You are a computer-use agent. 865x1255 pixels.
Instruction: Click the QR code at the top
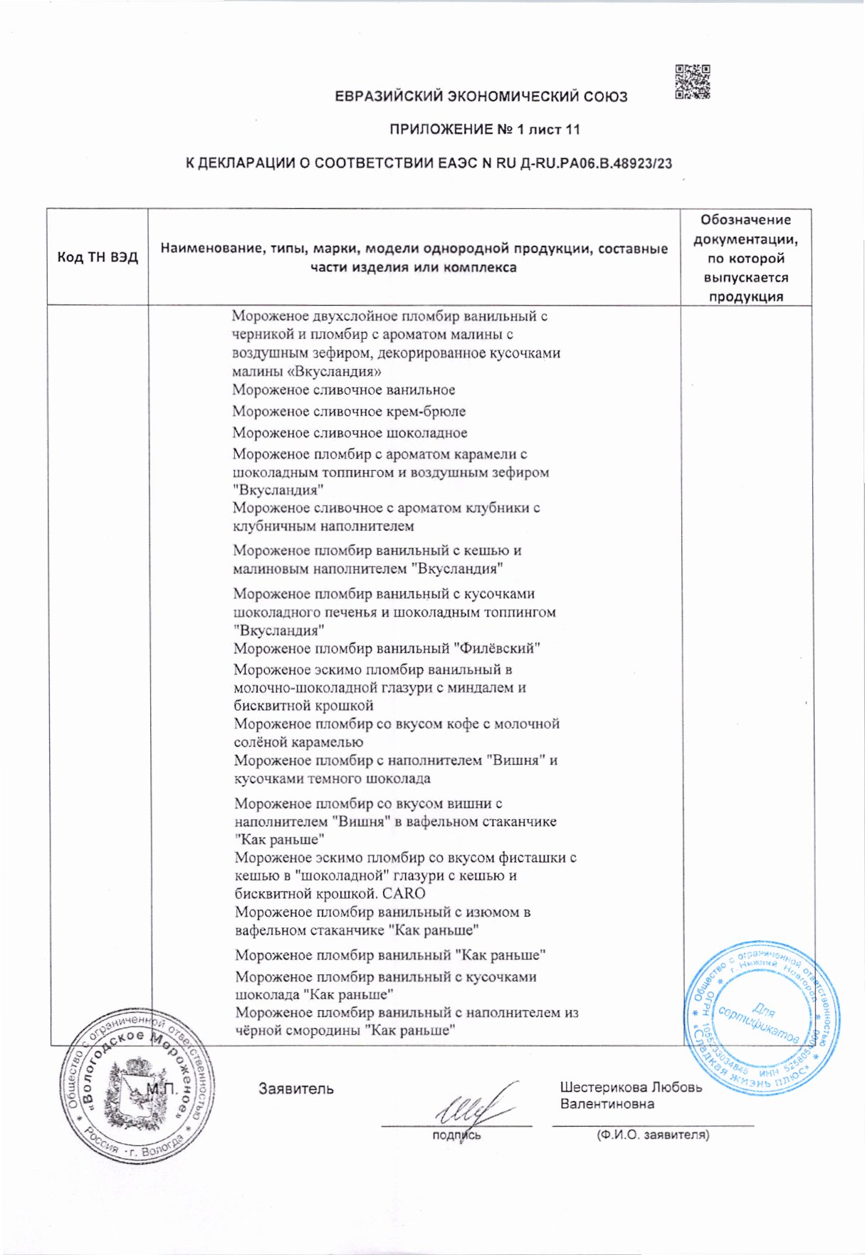692,82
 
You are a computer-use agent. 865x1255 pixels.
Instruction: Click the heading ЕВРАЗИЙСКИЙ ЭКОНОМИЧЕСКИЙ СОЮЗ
481,97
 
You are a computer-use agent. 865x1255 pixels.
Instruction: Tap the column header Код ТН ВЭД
98,257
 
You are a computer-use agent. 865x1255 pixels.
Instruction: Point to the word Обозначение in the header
745,220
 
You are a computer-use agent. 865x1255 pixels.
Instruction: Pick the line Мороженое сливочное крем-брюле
349,412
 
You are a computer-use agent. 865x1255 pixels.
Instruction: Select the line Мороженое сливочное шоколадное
350,433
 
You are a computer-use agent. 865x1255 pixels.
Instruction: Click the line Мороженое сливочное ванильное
344,390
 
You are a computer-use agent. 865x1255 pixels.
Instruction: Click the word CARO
403,894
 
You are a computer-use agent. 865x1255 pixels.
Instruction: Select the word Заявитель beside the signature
295,1089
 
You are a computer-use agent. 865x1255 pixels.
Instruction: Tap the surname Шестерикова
604,1088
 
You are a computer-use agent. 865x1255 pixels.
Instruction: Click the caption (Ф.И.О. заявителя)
652,1135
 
